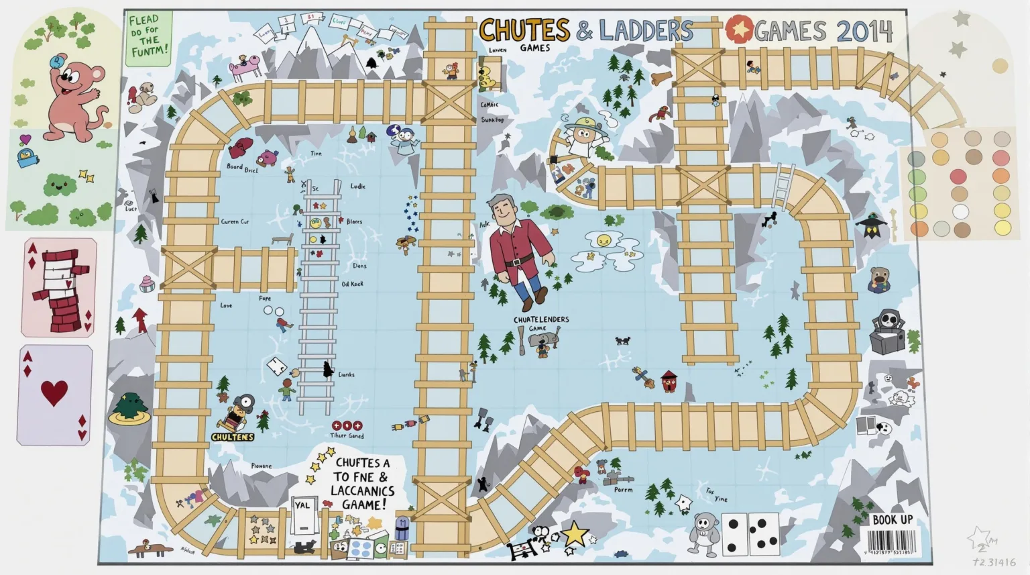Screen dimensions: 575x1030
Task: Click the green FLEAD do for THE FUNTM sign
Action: click(x=148, y=38)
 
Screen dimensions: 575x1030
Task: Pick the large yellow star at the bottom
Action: click(x=575, y=534)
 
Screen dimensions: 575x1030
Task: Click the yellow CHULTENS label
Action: click(x=233, y=437)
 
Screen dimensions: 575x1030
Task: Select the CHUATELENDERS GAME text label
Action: click(x=541, y=323)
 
